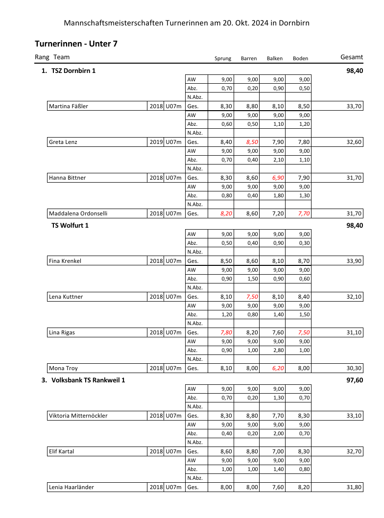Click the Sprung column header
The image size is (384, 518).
223,59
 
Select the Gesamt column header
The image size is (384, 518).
351,57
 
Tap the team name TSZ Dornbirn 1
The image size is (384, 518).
73,71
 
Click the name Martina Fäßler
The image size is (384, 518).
69,106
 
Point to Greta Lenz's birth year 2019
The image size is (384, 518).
156,142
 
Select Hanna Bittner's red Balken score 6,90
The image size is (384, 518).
276,178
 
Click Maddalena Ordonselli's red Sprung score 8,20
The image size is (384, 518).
225,213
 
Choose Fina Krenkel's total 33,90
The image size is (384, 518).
354,261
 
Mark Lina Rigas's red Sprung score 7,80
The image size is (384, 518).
225,332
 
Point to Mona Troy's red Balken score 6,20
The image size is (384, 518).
276,368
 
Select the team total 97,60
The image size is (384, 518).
354,380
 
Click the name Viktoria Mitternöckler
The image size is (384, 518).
78,416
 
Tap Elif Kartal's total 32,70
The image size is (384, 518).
354,451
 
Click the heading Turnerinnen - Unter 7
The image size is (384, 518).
76,44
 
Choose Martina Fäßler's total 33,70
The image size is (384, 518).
354,106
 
